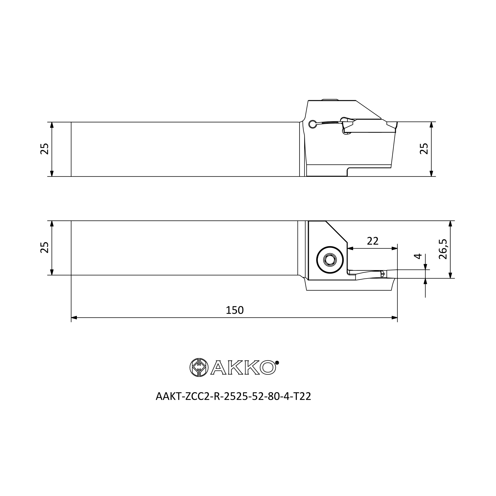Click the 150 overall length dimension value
pyautogui.click(x=234, y=310)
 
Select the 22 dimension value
pyautogui.click(x=372, y=241)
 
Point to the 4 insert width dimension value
pyautogui.click(x=418, y=256)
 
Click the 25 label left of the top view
pyautogui.click(x=44, y=149)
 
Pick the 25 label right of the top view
pyautogui.click(x=424, y=149)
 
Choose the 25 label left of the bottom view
pyautogui.click(x=44, y=248)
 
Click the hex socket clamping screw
pyautogui.click(x=330, y=260)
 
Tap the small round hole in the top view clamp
pyautogui.click(x=312, y=124)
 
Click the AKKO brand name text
pyautogui.click(x=243, y=367)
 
